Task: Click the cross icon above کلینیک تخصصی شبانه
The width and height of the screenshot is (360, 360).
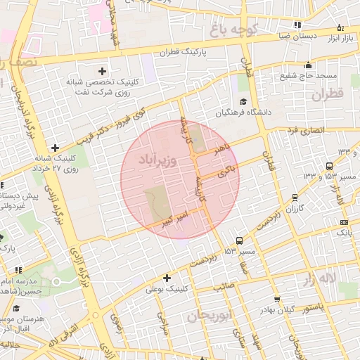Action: point(103,71)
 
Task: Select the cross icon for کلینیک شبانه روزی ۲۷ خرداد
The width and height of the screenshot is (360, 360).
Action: point(55,148)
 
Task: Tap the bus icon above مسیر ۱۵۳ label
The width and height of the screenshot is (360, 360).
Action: point(240,240)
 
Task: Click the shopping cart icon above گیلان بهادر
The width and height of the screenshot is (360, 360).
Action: point(276,299)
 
